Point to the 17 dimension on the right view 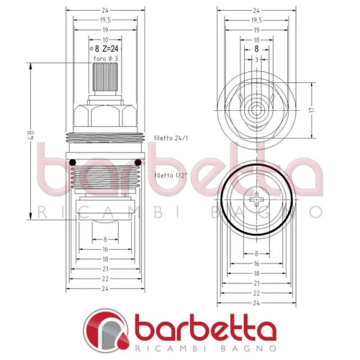pyautogui.click(x=312, y=111)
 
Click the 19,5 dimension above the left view pyautogui.click(x=104, y=21)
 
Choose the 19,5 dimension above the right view pyautogui.click(x=257, y=21)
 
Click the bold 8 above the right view pyautogui.click(x=257, y=49)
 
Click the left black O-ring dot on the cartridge pyautogui.click(x=73, y=161)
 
